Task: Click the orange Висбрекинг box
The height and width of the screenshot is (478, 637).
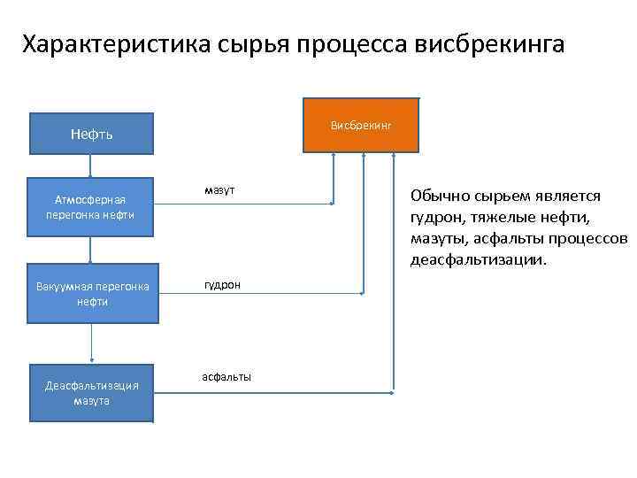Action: click(x=361, y=126)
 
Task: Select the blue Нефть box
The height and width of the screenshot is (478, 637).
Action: click(x=91, y=135)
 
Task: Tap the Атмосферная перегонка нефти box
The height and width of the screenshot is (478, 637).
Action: click(x=91, y=208)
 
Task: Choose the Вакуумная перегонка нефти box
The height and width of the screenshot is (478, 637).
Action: click(x=91, y=294)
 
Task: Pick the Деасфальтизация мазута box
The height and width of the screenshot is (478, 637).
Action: click(x=91, y=393)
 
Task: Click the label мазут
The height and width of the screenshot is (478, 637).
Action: click(x=219, y=190)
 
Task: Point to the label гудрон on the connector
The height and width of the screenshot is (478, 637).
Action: click(x=222, y=284)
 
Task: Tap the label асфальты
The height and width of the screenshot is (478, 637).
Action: click(x=226, y=377)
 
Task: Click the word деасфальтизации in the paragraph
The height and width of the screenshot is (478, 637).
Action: click(x=477, y=261)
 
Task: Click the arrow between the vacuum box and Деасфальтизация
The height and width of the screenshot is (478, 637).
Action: click(x=91, y=343)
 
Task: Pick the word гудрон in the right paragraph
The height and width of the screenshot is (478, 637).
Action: click(x=437, y=218)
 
